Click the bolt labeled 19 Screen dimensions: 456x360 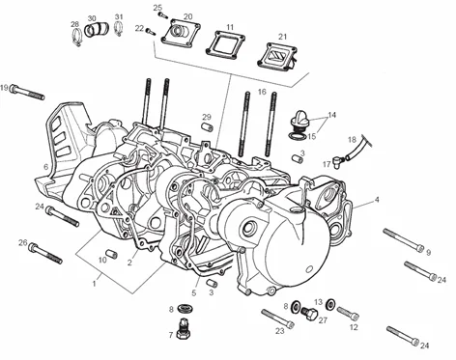pyautogui.click(x=27, y=92)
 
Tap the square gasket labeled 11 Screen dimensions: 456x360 pyautogui.click(x=227, y=44)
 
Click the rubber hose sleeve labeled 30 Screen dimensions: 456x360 pyautogui.click(x=97, y=29)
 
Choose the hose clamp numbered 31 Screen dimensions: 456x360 pyautogui.click(x=119, y=29)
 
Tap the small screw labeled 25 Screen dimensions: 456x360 pyautogui.click(x=161, y=14)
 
